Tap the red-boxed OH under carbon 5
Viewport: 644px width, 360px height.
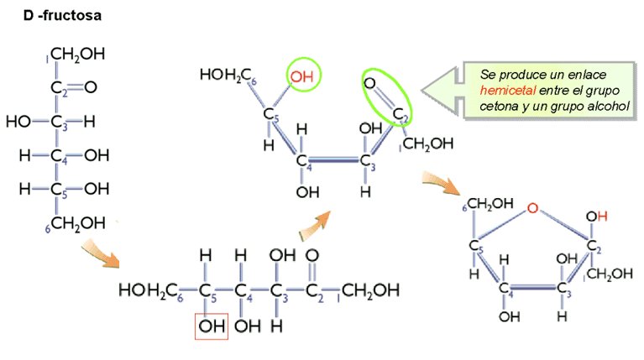pyautogui.click(x=211, y=325)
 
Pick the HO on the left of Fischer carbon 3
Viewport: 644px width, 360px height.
pyautogui.click(x=18, y=121)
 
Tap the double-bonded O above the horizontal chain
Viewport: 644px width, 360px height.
pyautogui.click(x=312, y=254)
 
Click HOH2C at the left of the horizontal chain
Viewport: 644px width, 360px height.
pyautogui.click(x=147, y=290)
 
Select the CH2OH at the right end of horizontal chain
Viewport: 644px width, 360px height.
pyautogui.click(x=370, y=290)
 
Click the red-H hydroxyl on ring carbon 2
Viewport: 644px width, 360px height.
pyautogui.click(x=596, y=217)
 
